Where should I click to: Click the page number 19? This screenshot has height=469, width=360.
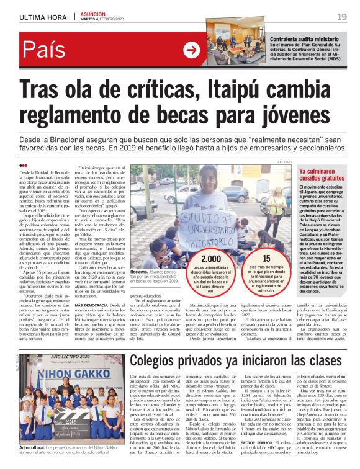[x=342, y=16]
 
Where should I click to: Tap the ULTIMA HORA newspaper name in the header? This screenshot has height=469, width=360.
[x=39, y=17]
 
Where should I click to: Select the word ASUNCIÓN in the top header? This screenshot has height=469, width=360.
[x=94, y=12]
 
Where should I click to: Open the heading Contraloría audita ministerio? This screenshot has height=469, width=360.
[x=304, y=39]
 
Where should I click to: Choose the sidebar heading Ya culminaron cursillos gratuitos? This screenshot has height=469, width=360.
[x=326, y=174]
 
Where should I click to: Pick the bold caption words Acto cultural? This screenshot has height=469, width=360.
[x=32, y=447]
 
